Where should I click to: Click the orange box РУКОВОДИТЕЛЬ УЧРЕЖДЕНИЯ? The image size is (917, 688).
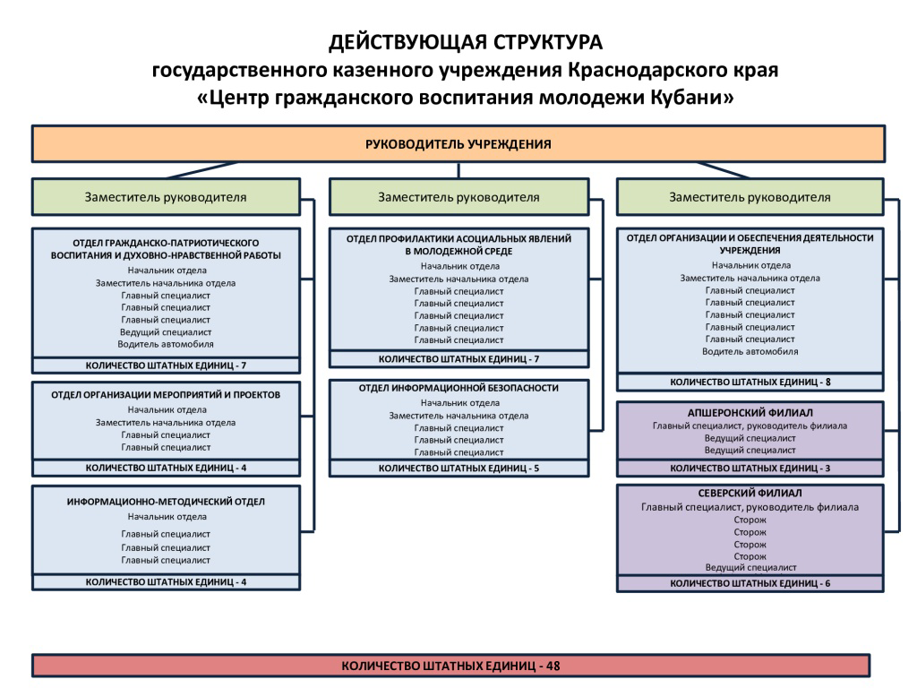click(458, 144)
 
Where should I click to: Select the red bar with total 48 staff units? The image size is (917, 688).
click(451, 666)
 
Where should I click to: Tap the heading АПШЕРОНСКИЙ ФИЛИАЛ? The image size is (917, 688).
click(750, 412)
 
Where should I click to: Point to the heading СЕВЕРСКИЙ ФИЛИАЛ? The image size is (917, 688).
click(750, 494)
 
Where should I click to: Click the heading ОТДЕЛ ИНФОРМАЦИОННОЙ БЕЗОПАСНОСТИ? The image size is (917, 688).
click(458, 388)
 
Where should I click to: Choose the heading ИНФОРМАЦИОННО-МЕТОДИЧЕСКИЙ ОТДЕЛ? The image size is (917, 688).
click(166, 502)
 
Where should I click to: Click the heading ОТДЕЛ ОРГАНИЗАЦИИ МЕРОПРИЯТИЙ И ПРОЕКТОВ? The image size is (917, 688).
click(166, 395)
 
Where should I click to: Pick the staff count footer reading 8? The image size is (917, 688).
click(750, 382)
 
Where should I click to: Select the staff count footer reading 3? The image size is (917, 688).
click(750, 468)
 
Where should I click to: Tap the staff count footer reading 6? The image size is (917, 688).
click(750, 583)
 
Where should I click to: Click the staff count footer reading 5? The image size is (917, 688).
click(458, 468)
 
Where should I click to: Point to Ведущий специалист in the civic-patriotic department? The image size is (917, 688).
click(166, 332)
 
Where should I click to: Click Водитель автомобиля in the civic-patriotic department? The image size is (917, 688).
click(166, 345)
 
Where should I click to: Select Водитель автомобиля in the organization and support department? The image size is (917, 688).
click(750, 351)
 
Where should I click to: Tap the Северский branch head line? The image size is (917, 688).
click(750, 507)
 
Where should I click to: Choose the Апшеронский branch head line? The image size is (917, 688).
click(750, 426)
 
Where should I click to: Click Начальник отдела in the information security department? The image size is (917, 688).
click(459, 403)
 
